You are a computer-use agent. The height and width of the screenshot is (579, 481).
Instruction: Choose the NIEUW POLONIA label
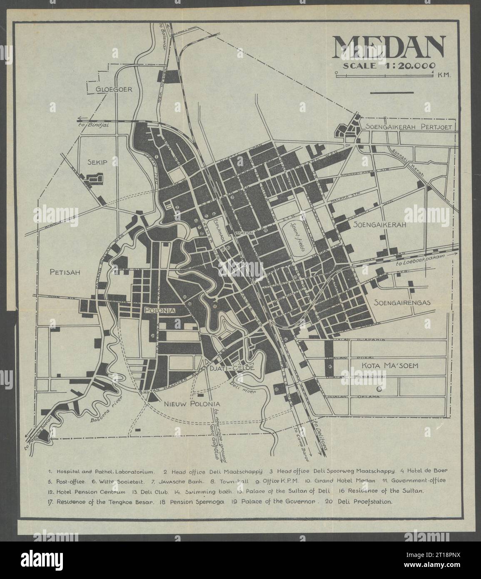click(192, 403)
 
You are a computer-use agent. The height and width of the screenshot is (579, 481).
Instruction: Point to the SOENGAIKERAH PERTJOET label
click(409, 127)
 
